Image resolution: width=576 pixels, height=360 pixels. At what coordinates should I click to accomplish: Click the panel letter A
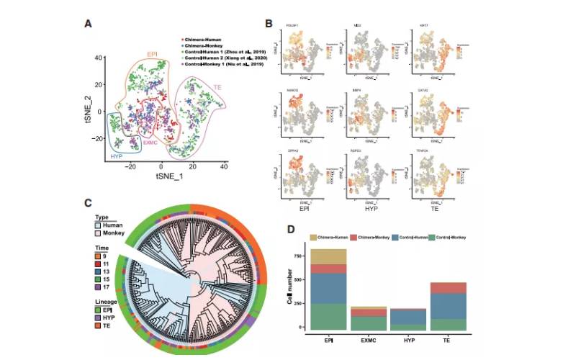[89, 24]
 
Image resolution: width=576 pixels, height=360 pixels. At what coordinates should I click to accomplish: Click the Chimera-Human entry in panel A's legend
[205, 35]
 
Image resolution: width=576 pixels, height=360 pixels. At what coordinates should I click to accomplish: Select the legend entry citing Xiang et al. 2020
[223, 57]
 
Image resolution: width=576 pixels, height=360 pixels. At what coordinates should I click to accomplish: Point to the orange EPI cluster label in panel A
[153, 54]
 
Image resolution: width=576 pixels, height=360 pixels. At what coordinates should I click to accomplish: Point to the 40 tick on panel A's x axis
[224, 167]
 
